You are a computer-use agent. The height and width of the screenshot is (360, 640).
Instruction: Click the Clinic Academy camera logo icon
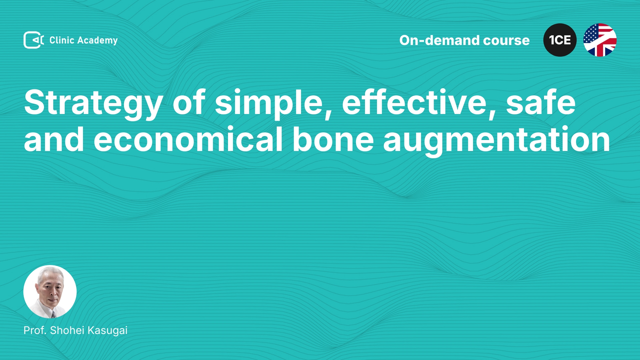(x=34, y=40)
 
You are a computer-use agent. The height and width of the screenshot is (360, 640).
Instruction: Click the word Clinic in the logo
(x=62, y=40)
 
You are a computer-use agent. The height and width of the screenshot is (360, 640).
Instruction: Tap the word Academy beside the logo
(x=97, y=41)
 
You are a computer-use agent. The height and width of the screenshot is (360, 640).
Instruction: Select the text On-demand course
(x=464, y=40)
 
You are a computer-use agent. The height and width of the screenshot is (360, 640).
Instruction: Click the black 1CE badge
(x=560, y=40)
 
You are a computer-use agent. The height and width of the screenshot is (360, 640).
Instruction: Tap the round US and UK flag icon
(x=600, y=40)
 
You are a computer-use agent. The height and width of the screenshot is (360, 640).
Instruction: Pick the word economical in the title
(x=188, y=139)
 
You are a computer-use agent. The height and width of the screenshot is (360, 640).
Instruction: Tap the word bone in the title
(x=333, y=139)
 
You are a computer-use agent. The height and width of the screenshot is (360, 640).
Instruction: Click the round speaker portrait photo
(x=50, y=292)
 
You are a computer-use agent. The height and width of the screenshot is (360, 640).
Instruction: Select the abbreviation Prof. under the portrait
(x=35, y=330)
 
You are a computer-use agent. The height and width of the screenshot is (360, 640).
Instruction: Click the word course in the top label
(x=506, y=41)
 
